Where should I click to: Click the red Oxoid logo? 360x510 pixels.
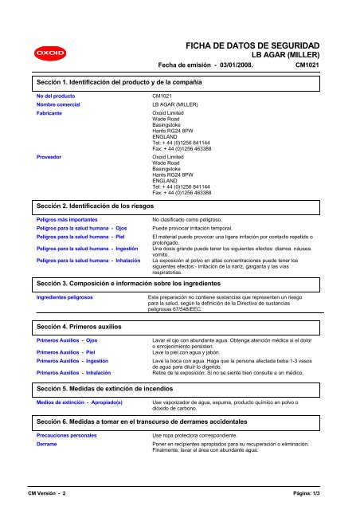pyautogui.click(x=41, y=55)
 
